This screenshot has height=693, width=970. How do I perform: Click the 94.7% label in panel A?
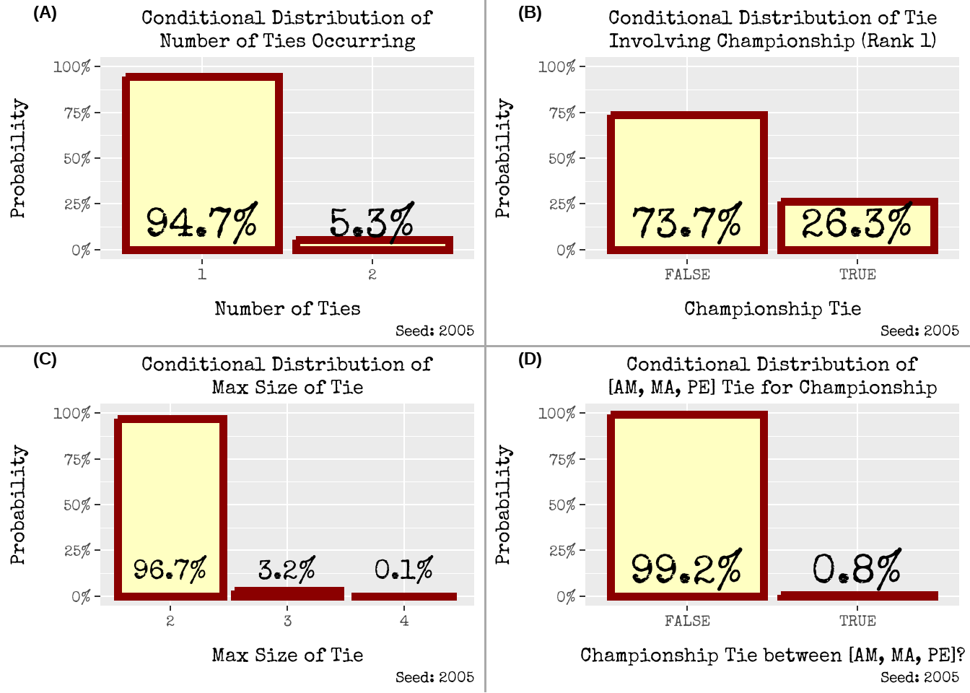202,222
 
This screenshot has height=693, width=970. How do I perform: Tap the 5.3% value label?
372,222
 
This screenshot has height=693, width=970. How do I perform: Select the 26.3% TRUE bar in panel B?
857,226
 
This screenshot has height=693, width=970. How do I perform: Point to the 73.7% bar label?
687,222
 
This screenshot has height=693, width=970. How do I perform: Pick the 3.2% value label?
287,570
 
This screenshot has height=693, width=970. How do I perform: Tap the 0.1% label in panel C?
404,570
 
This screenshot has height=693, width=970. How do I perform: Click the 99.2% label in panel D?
687,569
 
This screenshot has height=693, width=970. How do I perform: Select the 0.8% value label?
857,569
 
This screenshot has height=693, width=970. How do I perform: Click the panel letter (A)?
45,13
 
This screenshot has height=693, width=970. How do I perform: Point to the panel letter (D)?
530,359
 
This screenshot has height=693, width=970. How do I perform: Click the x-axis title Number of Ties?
287,309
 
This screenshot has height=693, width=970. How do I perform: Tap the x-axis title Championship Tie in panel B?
772,309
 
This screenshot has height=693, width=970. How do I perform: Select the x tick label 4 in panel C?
404,621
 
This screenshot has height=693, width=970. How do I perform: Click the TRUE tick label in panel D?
857,621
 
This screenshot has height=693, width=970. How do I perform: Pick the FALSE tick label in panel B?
687,274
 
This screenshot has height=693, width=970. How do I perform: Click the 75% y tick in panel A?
77,113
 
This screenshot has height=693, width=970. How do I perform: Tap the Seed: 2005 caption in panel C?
434,677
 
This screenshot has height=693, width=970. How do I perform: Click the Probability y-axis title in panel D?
503,505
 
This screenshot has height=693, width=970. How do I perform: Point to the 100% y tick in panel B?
556,67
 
